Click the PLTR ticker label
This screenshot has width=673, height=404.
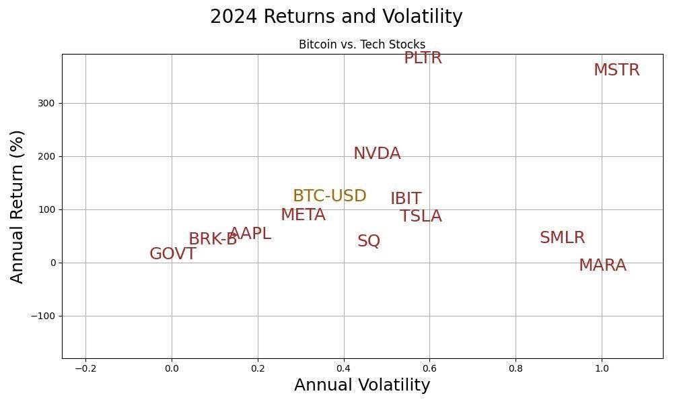coord(423,59)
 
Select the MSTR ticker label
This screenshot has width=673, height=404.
coord(616,70)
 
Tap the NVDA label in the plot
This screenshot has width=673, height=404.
coord(377,154)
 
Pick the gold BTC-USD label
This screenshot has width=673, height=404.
coord(329,196)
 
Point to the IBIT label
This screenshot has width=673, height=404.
coord(406,199)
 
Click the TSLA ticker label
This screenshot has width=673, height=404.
coord(421,216)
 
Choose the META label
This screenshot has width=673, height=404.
coord(303,215)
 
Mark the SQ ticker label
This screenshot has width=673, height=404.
coord(369,241)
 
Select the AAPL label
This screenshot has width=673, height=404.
coord(250,234)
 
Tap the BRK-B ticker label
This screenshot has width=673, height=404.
coord(212,239)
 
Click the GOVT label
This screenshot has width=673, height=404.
coord(173,254)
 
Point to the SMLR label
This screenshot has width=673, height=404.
coord(562,238)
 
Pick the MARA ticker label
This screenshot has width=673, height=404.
coord(602,265)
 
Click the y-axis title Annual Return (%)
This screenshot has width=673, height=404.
coord(17,207)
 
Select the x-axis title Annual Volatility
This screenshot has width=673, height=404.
coord(362,385)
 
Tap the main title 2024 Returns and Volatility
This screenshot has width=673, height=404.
coord(336,17)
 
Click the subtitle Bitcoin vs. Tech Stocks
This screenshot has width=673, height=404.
coord(362,45)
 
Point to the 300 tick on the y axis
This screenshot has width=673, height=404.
coord(46,104)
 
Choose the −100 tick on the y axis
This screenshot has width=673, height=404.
coord(43,316)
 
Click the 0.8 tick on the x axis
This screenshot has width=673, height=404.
coord(516,368)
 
